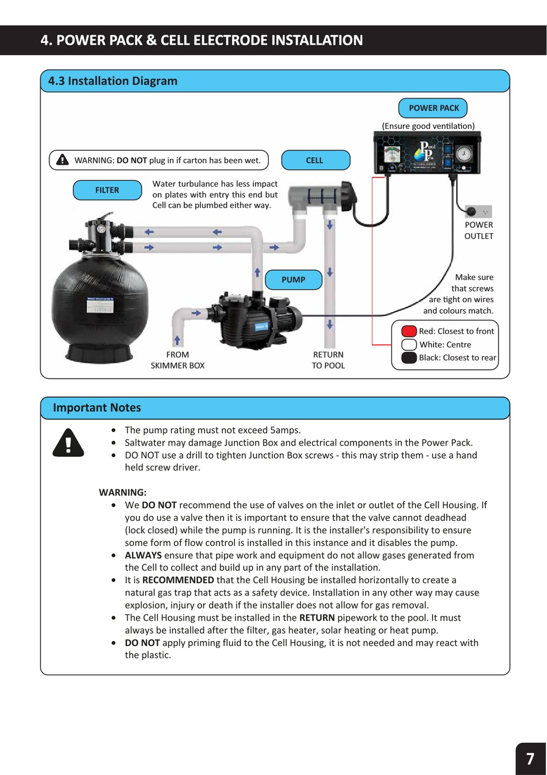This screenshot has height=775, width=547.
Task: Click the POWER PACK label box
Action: tap(433, 108)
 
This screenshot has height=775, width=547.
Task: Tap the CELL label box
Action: tap(315, 161)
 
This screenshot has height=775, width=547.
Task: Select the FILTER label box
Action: tap(107, 190)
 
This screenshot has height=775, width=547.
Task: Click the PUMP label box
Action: tap(293, 280)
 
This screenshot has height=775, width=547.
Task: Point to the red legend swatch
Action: tap(409, 331)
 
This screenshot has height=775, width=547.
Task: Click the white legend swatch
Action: tap(409, 344)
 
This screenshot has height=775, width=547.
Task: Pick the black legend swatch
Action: tap(409, 358)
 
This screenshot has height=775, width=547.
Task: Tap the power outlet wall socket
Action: tap(478, 211)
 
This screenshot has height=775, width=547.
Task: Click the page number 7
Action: tap(530, 759)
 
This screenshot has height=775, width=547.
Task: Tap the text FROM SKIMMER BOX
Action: tap(177, 360)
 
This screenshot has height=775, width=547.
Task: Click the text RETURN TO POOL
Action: tap(328, 360)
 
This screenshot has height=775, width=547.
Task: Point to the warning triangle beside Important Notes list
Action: tap(69, 444)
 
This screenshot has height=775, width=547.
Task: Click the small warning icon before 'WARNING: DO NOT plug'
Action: tap(62, 160)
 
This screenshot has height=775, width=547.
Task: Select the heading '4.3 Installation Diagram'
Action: tap(113, 81)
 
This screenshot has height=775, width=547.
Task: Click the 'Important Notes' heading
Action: tap(97, 408)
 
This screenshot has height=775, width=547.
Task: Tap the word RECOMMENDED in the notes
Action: tap(178, 580)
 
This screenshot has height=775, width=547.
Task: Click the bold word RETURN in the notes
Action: tap(317, 618)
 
